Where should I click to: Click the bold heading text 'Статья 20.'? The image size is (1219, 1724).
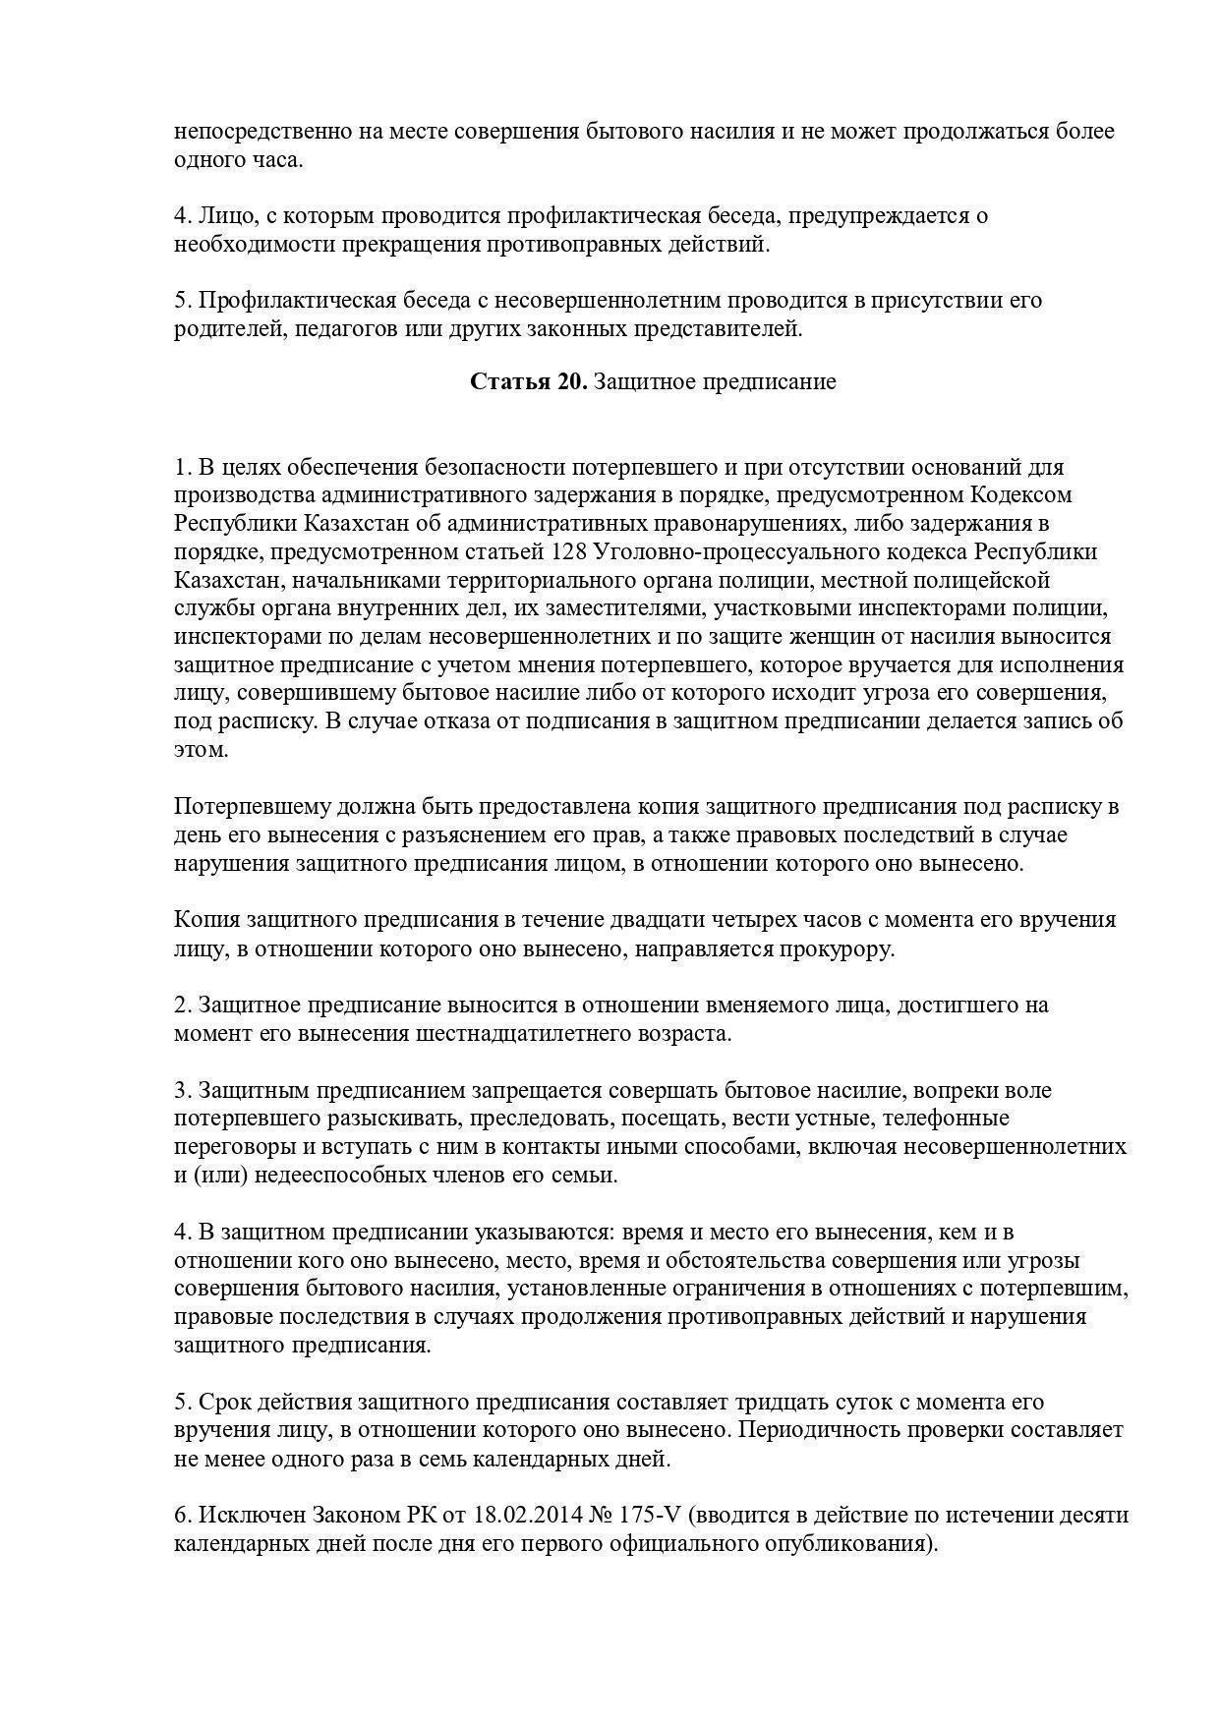pos(528,381)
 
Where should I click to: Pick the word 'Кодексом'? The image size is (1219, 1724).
pos(1021,494)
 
